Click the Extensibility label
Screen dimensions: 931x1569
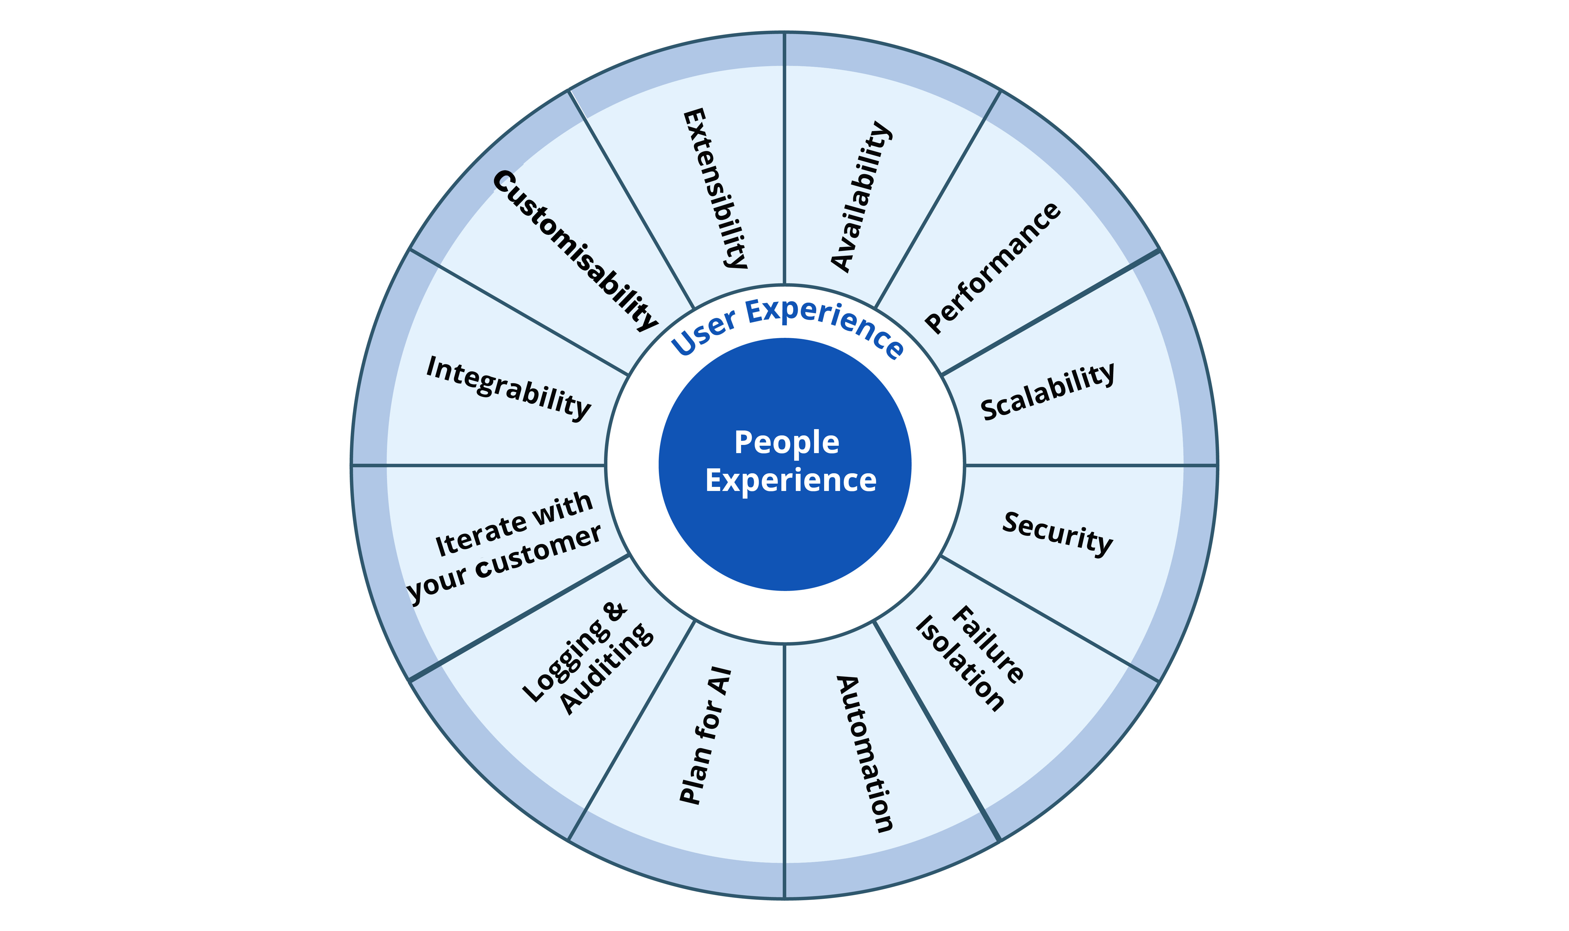[x=715, y=188]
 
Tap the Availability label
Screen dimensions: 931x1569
[x=860, y=196]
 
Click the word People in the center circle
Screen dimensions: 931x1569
[x=786, y=443]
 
